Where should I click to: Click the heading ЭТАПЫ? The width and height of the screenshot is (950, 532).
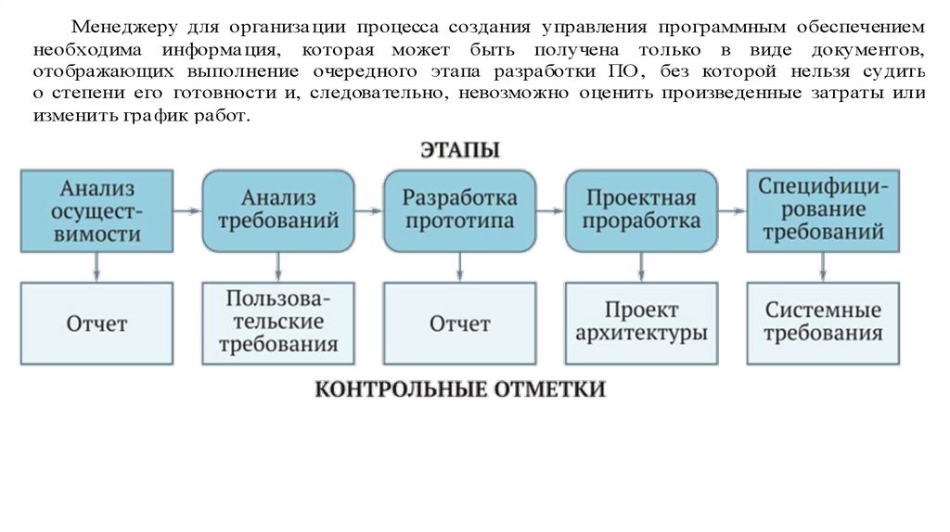coord(460,149)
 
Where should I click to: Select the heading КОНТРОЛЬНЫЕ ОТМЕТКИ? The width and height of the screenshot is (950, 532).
coord(460,389)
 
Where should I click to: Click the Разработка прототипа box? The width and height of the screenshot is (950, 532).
coord(459,211)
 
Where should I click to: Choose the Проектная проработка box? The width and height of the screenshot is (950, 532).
coord(641,211)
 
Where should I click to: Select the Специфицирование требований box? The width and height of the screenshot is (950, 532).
coord(823,211)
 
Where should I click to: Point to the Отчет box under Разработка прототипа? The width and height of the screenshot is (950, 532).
coord(459,323)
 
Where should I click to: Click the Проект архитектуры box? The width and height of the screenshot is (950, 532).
coord(641,323)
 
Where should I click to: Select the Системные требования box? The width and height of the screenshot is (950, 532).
coord(823,323)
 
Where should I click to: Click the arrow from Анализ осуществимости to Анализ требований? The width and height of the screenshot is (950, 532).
coord(187,211)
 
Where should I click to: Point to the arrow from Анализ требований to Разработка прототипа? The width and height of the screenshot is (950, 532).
coord(368,211)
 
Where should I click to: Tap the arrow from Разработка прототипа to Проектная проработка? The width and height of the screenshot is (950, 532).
coord(550,211)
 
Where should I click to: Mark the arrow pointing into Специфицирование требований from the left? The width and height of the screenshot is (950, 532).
coord(732,211)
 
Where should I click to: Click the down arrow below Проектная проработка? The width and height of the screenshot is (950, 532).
coord(641,268)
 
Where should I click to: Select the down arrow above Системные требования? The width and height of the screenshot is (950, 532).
coord(823,268)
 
